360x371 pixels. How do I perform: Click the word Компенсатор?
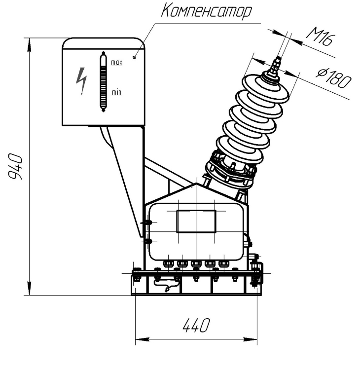pos(206,11)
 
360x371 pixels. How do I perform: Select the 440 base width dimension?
pos(196,325)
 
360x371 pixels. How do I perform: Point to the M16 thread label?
pos(320,37)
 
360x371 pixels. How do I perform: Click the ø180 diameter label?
pos(334,77)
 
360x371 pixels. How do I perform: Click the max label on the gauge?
pos(117,63)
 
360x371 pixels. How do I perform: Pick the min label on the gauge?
pos(116,92)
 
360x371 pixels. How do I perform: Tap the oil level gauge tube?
pos(103,81)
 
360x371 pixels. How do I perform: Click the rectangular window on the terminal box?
pos(196,222)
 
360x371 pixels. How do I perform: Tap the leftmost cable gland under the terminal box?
pos(168,263)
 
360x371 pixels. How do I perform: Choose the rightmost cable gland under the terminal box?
pos(223,263)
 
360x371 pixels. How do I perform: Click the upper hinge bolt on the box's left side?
pos(148,223)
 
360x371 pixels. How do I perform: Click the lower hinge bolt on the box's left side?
pos(148,241)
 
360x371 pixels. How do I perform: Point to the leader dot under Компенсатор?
pos(135,57)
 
